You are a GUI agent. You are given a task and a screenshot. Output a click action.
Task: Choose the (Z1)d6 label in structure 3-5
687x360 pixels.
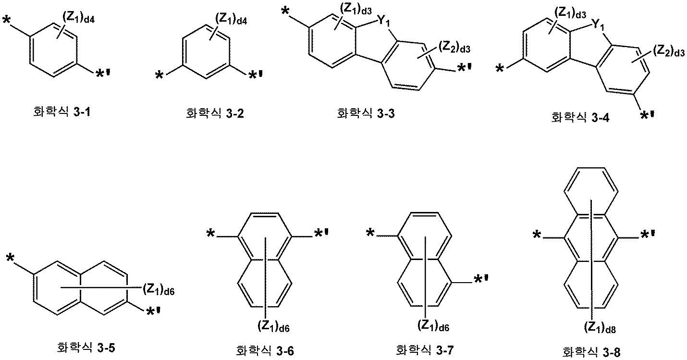coord(160,289)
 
